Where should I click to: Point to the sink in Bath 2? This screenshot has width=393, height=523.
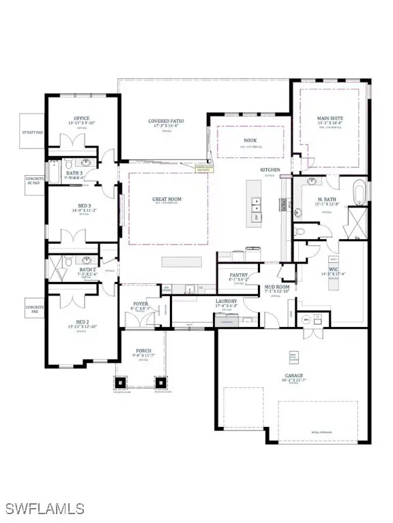(85, 260)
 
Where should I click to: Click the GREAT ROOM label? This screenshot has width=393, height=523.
(166, 200)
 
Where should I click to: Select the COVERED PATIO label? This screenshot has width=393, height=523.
(166, 121)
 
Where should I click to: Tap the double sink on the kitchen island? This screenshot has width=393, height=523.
(256, 202)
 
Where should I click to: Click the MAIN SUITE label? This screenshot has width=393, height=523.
(331, 118)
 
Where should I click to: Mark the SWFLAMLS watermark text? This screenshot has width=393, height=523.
(45, 508)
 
